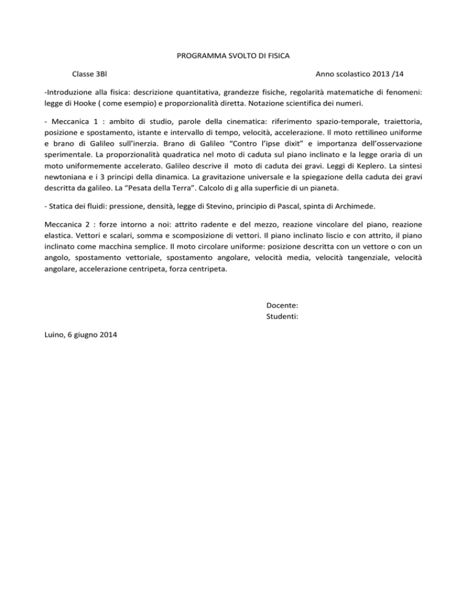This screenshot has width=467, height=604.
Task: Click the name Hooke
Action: [x=86, y=103]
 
